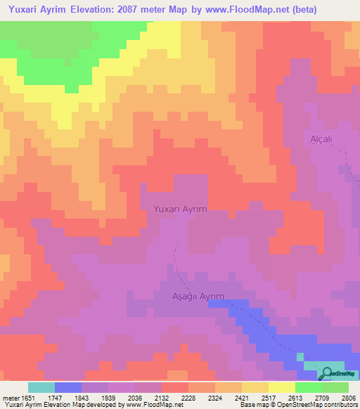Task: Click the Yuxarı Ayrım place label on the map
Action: [180, 209]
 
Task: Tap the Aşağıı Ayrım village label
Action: [198, 297]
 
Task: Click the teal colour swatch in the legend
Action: [41, 387]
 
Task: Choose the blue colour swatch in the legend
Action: [67, 387]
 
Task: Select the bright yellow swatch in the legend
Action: [281, 387]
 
